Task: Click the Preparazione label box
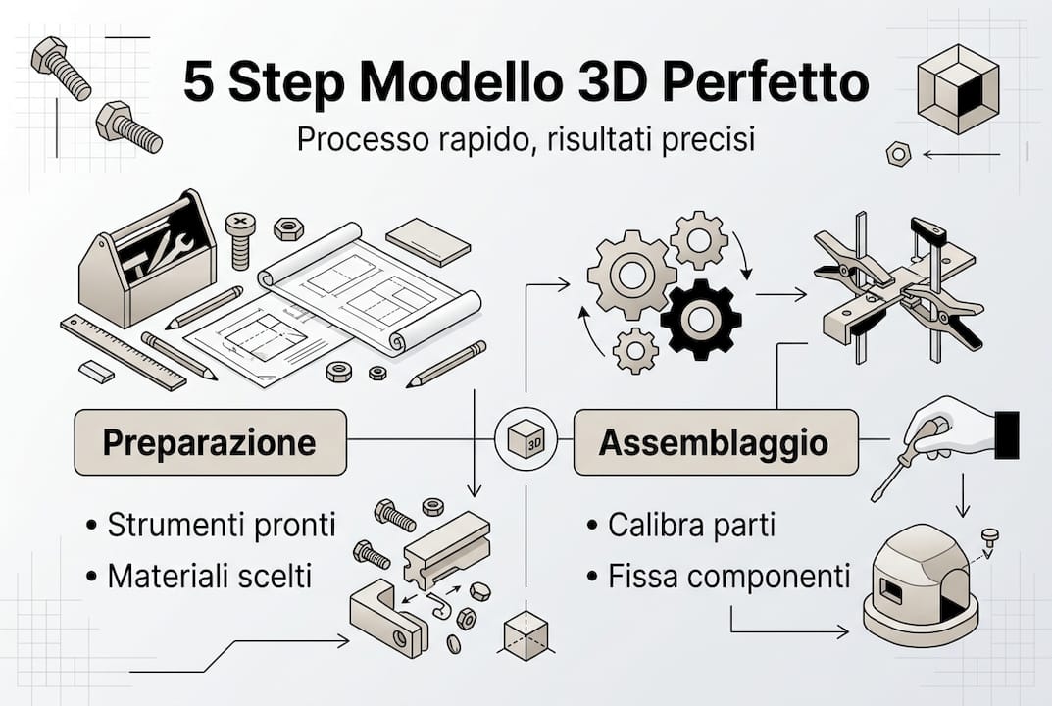(211, 442)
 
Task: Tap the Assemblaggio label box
(716, 442)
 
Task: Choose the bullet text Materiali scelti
(210, 576)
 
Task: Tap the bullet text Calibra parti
(692, 525)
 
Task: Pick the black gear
(701, 320)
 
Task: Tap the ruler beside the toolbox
(124, 352)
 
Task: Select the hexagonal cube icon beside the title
(958, 88)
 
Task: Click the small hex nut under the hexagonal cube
(898, 154)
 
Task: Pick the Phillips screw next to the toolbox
(241, 240)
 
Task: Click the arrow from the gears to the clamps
(781, 294)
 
